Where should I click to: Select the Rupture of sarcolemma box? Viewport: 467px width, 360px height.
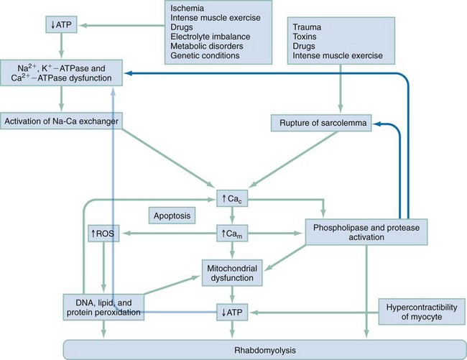point(321,124)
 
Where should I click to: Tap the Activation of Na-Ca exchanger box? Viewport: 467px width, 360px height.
point(60,119)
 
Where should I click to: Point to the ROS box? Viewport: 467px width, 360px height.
point(104,234)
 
